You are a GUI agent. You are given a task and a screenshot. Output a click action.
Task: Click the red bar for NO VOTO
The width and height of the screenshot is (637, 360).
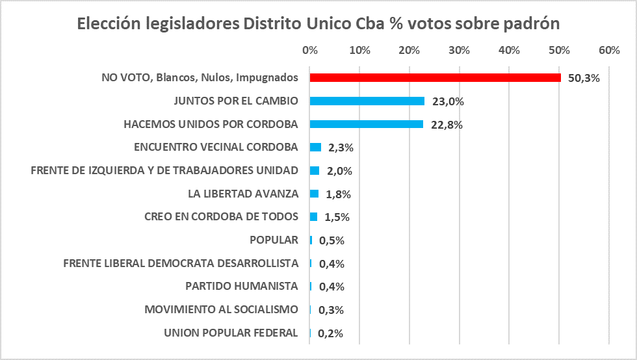click(435, 77)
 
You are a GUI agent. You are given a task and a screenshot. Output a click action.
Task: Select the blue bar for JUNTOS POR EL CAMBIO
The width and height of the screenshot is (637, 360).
click(367, 101)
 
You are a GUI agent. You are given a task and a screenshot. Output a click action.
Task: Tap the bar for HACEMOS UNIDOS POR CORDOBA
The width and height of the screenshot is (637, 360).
click(367, 124)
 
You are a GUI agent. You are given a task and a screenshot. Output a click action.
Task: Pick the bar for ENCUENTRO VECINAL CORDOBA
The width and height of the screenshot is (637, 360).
click(316, 148)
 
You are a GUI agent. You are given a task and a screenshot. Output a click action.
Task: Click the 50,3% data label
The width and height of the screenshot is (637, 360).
click(584, 78)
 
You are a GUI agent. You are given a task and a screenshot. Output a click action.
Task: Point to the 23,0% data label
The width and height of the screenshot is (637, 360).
click(448, 101)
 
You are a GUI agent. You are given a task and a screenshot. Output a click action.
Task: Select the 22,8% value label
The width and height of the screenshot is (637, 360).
click(447, 125)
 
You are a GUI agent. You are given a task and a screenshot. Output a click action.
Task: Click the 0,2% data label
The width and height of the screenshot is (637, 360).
click(330, 334)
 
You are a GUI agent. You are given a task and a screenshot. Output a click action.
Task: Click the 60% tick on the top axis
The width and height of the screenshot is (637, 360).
click(609, 50)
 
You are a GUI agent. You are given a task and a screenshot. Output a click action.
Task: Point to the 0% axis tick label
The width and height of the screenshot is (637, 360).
click(310, 50)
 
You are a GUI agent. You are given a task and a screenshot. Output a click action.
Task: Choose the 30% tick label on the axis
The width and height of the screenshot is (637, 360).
click(460, 50)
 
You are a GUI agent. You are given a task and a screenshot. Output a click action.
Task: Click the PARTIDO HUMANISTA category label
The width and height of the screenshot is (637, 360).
click(241, 286)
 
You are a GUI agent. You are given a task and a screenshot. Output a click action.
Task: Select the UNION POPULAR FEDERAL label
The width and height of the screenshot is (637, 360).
click(231, 333)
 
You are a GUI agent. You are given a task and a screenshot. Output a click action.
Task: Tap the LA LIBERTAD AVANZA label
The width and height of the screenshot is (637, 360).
click(242, 194)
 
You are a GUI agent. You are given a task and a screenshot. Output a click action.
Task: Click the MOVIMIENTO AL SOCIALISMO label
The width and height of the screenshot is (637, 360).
click(221, 309)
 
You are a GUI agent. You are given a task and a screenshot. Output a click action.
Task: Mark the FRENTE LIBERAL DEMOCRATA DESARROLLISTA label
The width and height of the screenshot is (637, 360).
click(181, 263)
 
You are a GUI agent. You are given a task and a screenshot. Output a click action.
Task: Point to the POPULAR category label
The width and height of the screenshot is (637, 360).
click(274, 240)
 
